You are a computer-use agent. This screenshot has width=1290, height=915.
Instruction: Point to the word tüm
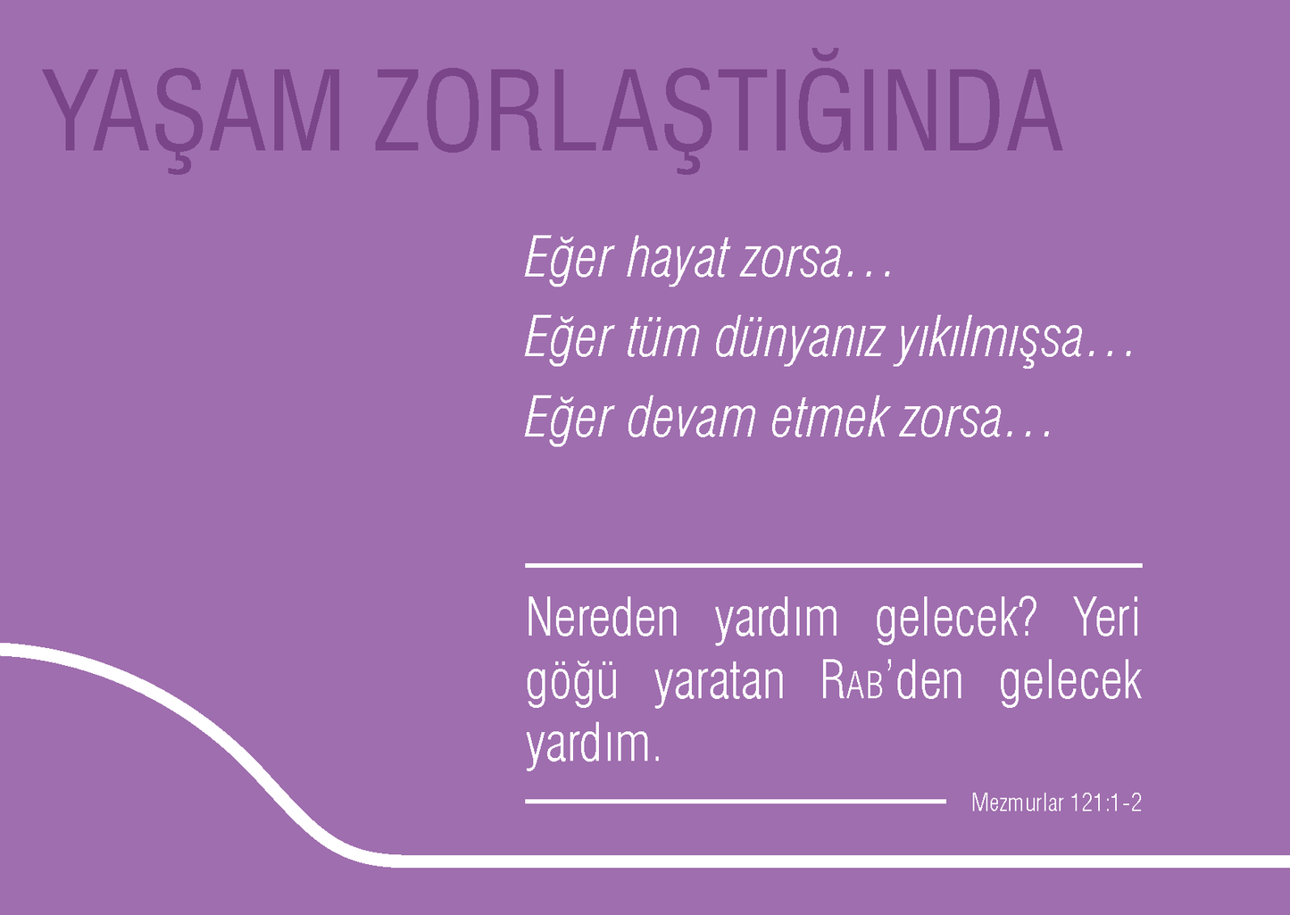click(x=662, y=339)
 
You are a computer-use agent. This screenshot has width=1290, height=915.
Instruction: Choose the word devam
click(x=691, y=419)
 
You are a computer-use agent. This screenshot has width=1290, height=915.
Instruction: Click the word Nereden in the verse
click(x=602, y=618)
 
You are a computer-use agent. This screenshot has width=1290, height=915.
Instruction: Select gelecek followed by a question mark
click(x=954, y=620)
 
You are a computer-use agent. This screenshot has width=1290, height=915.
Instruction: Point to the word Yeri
click(x=1106, y=618)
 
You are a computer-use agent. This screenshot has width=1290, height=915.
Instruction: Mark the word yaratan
click(x=719, y=682)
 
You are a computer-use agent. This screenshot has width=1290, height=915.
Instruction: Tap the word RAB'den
click(x=891, y=682)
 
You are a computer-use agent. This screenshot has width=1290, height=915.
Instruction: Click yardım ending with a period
click(x=593, y=745)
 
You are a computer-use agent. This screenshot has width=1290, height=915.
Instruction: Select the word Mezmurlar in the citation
click(x=1017, y=803)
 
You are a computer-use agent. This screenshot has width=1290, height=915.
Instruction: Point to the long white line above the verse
click(x=833, y=565)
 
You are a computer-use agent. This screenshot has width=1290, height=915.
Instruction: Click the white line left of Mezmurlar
click(x=735, y=802)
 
